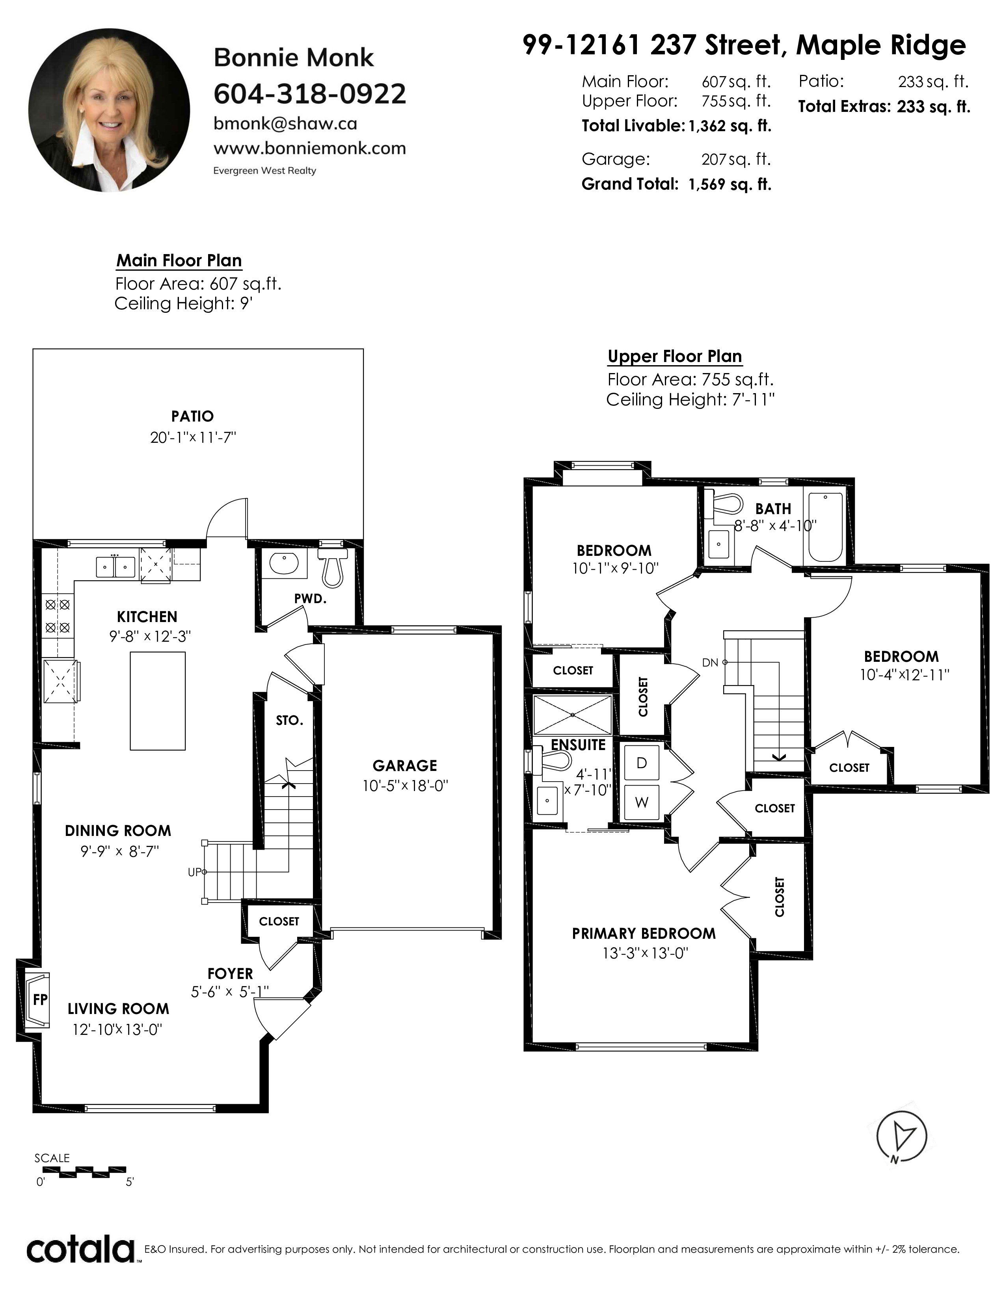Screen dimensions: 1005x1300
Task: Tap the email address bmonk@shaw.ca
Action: pos(285,123)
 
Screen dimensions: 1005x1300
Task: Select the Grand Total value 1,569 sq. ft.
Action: pos(730,184)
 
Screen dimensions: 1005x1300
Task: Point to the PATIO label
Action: pos(192,416)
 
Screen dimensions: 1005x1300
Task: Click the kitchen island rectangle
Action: pos(158,700)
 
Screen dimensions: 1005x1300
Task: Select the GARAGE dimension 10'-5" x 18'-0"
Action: pos(405,786)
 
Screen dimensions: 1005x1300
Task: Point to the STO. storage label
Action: pos(289,721)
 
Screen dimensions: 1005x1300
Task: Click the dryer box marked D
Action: pos(641,763)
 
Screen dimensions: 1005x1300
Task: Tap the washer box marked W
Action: pos(641,802)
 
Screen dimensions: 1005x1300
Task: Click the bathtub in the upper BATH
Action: pos(825,527)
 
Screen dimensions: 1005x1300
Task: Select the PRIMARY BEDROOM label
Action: pos(644,933)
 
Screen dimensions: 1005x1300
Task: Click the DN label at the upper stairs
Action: pos(710,663)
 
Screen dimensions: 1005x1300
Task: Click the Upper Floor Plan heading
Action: pos(675,357)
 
